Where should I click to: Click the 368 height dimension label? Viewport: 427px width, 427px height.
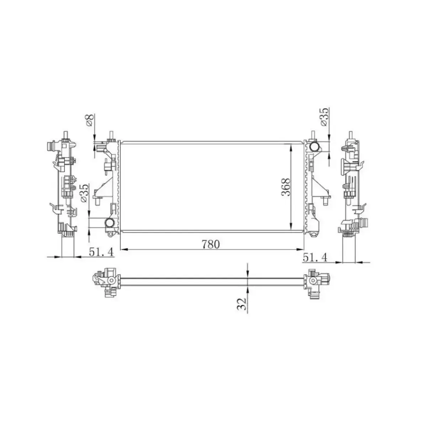286,186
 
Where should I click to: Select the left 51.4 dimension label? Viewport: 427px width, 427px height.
101,252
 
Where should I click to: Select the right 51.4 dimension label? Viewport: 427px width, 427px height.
315,257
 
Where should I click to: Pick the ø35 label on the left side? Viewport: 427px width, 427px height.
84,194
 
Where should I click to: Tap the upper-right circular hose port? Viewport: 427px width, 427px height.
314,146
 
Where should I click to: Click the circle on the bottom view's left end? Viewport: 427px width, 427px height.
111,281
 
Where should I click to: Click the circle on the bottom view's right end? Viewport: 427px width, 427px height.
313,280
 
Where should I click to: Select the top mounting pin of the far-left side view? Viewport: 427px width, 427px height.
66,135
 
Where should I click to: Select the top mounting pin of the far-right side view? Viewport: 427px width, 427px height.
352,135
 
